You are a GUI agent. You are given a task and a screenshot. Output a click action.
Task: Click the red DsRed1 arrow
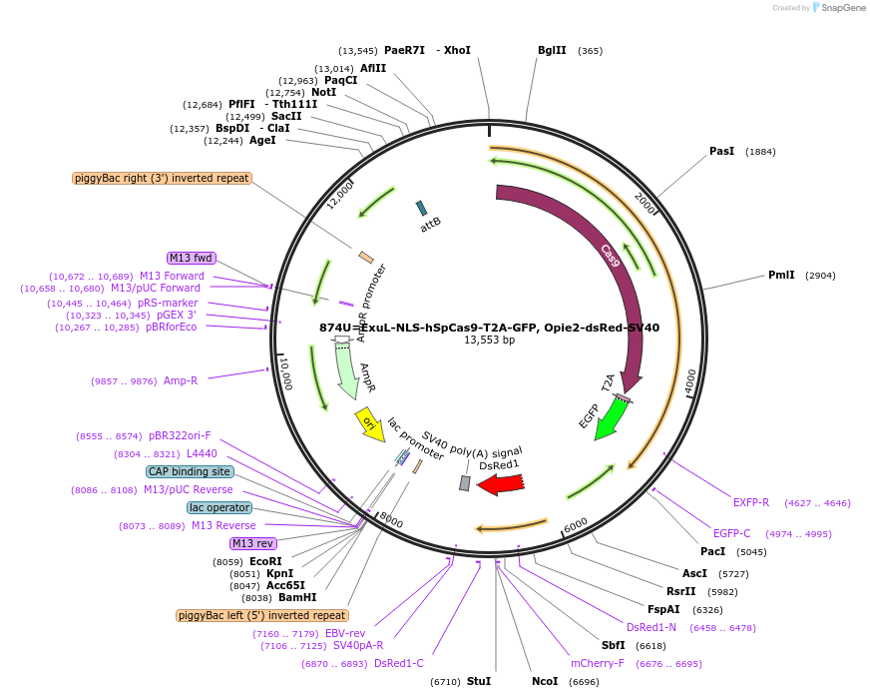tap(501, 484)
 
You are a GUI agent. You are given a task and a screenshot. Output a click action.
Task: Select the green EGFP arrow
tap(610, 418)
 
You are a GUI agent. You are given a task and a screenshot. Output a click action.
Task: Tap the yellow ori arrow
tap(368, 423)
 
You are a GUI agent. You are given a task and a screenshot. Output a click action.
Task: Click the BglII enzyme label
tap(552, 50)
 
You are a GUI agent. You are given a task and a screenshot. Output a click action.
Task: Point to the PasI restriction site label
tap(721, 151)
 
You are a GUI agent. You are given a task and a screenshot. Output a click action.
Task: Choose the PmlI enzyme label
tap(781, 275)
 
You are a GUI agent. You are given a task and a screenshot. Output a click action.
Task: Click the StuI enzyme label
tap(479, 681)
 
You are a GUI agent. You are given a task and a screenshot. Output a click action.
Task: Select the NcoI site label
tap(545, 681)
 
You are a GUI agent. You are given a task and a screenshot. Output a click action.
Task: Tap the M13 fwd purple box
tap(192, 259)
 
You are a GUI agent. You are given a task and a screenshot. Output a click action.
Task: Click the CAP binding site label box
tap(191, 471)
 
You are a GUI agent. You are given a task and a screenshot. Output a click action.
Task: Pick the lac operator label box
tap(218, 507)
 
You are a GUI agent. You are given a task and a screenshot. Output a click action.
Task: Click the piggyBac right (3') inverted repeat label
tap(162, 178)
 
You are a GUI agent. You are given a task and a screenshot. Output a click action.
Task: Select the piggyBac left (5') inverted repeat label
tap(262, 615)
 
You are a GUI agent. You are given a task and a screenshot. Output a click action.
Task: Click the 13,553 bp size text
tap(489, 341)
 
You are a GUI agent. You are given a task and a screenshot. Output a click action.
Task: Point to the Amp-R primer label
tap(181, 380)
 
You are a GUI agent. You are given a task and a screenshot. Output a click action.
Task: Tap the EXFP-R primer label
tap(751, 502)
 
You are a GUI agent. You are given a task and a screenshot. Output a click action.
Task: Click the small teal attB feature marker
tap(422, 208)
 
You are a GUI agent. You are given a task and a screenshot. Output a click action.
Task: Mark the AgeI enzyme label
tap(262, 140)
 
